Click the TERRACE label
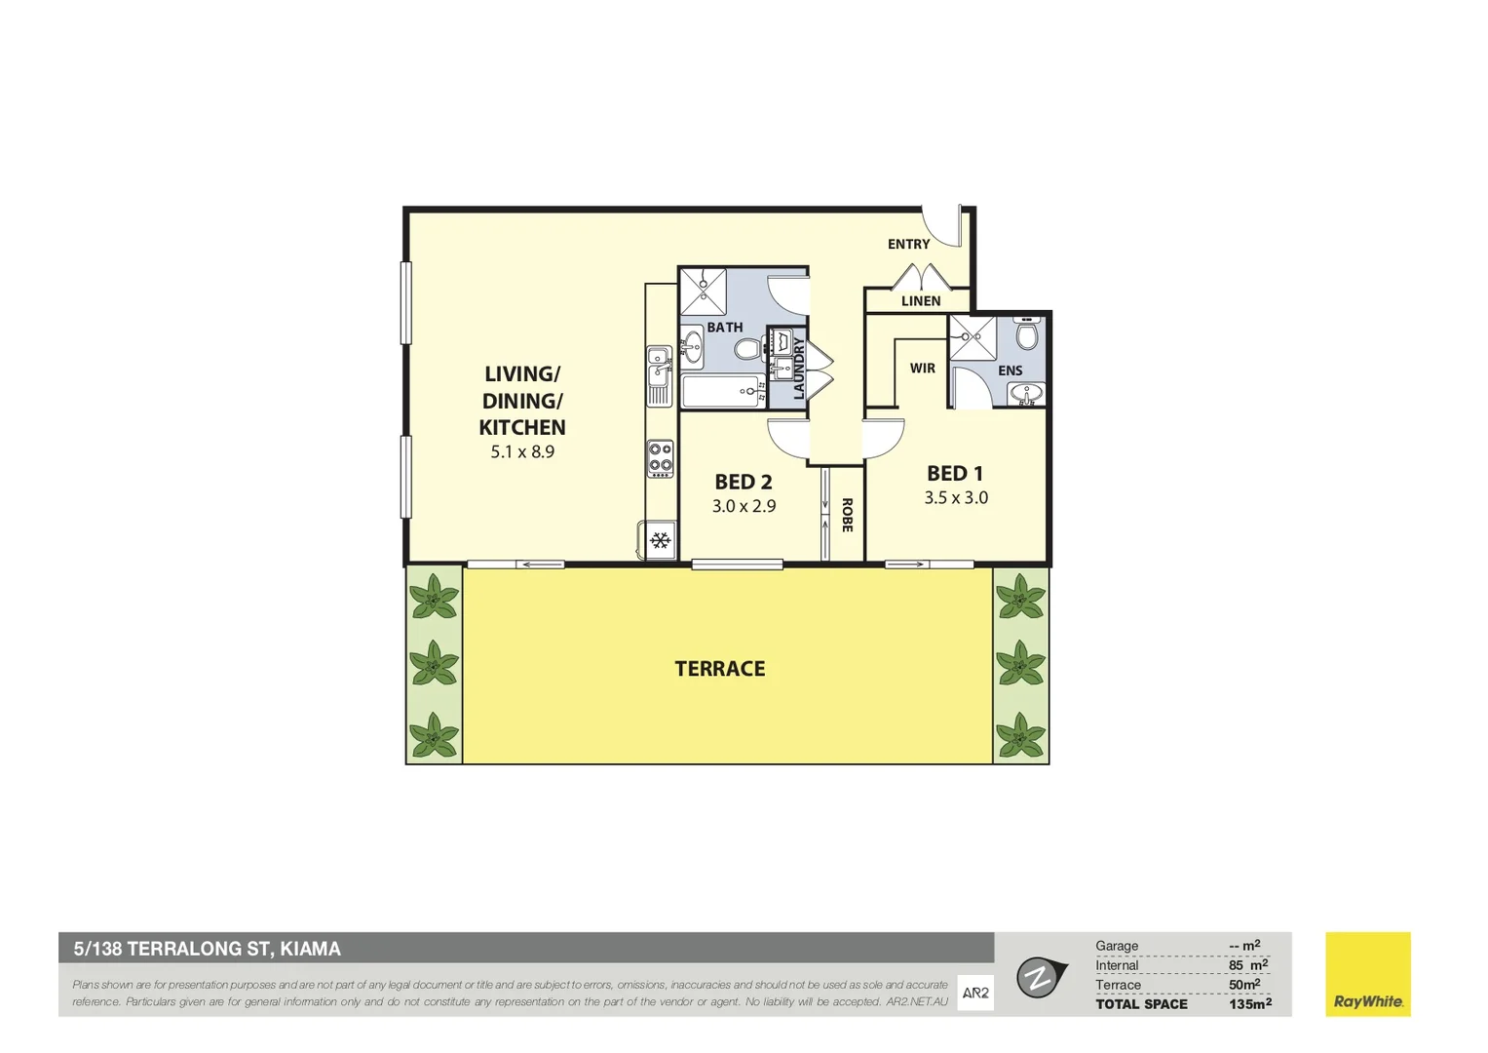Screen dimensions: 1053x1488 [720, 669]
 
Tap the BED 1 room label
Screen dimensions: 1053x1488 [955, 474]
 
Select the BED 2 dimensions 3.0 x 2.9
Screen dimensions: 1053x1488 [744, 506]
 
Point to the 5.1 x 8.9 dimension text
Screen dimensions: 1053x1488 [522, 452]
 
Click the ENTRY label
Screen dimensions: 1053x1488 [908, 244]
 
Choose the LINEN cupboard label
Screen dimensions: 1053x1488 [921, 301]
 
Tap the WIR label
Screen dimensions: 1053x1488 [922, 369]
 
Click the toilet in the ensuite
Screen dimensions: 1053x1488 [1027, 334]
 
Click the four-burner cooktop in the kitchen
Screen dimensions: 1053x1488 [661, 458]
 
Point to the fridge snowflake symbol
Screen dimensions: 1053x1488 [661, 540]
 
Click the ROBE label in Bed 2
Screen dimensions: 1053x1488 [847, 515]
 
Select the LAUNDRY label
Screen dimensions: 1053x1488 [799, 368]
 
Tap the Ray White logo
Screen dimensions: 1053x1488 [1367, 975]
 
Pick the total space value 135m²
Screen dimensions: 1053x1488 [1249, 1004]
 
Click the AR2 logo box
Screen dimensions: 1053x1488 [975, 994]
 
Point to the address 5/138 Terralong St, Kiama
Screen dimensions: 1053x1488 [208, 949]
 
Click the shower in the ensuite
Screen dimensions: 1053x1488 [973, 337]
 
